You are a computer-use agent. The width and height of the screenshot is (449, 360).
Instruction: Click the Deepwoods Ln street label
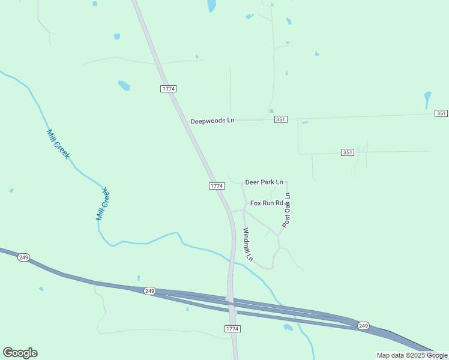212,121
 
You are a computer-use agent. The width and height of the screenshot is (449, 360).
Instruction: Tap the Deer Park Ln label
264,182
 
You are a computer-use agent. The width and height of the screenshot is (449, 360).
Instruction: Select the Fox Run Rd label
267,203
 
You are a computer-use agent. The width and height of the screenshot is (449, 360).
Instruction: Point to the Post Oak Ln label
287,210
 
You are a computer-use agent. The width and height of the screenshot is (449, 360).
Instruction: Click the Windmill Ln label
248,244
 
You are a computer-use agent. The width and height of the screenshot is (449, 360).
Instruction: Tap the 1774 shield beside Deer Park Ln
217,186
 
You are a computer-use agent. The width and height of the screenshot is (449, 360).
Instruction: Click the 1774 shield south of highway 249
232,329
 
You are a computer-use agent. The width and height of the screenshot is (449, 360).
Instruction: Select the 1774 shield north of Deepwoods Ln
169,89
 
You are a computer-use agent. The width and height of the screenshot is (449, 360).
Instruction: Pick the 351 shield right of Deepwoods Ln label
281,120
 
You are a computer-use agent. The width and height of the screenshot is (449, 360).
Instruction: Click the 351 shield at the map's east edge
441,113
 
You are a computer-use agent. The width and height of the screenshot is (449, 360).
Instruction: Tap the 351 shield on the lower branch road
347,152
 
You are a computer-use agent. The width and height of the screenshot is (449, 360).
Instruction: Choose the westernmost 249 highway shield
23,257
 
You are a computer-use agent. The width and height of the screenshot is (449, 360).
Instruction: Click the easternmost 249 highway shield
363,325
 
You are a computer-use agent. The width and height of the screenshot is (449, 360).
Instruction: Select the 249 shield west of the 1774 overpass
149,291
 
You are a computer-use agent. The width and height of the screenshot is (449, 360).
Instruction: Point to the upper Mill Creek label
58,144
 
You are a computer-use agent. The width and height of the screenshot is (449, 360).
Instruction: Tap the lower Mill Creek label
103,204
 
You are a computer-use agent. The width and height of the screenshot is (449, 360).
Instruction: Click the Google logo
20,353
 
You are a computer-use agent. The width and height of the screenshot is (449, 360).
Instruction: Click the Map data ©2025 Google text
411,355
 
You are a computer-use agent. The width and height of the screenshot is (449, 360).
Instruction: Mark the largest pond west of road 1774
124,85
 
